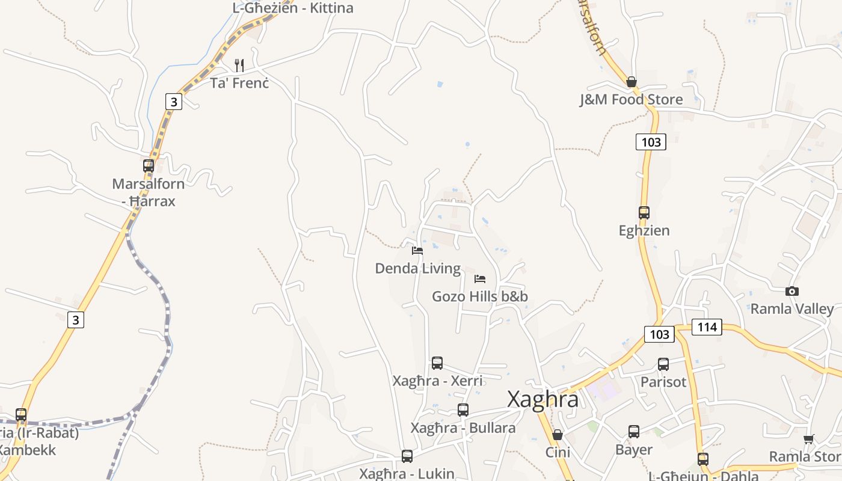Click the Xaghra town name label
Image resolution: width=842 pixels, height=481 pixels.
[x=542, y=399]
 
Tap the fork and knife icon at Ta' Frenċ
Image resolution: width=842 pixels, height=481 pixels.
[x=239, y=65]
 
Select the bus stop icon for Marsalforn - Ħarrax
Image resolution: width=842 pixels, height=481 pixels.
[x=149, y=166]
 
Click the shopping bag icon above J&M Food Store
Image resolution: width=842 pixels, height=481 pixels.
[x=631, y=82]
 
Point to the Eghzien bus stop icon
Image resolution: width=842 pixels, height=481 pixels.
[x=644, y=212]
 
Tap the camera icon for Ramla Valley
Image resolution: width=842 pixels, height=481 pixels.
[x=792, y=292]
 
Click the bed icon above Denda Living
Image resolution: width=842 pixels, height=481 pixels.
[x=417, y=251]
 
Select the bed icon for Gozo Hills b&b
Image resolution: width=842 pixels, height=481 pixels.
[x=480, y=279]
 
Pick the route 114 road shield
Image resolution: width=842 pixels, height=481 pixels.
[x=707, y=327]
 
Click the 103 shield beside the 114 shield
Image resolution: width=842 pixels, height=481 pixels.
[x=659, y=334]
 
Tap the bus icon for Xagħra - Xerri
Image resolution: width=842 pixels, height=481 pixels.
[x=437, y=363]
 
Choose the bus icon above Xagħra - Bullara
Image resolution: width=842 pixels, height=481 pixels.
[x=463, y=410]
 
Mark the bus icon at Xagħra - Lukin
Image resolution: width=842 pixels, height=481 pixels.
[x=407, y=456]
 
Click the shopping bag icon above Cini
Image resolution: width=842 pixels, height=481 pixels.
[x=558, y=435]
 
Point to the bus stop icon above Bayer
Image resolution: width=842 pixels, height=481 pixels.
[x=634, y=432]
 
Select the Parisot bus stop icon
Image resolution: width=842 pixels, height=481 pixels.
[x=663, y=364]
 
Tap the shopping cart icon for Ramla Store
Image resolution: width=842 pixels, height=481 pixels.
[x=808, y=440]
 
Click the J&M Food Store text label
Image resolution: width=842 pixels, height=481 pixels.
[x=631, y=100]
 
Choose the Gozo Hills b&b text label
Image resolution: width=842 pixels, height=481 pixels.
[x=480, y=296]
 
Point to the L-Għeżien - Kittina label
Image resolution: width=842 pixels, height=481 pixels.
[x=293, y=8]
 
